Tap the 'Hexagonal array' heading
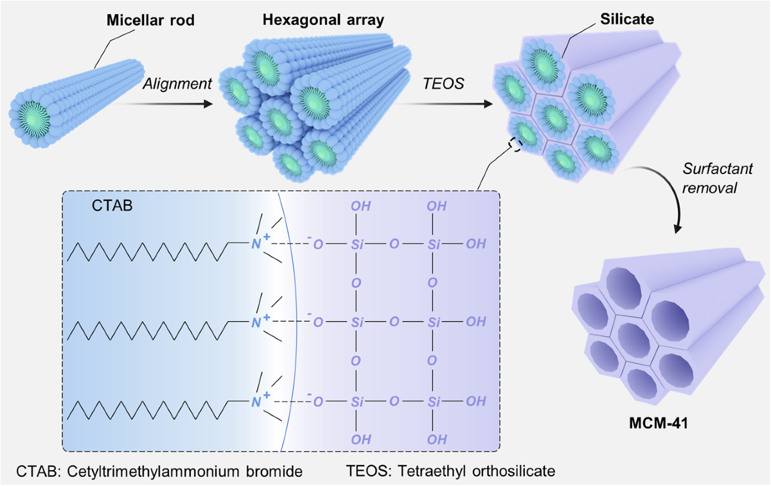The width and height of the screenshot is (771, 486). [323, 20]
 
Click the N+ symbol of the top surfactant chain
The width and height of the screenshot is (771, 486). [258, 245]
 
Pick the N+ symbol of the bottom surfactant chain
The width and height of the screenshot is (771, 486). [258, 401]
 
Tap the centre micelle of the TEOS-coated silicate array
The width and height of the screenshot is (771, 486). [552, 114]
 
